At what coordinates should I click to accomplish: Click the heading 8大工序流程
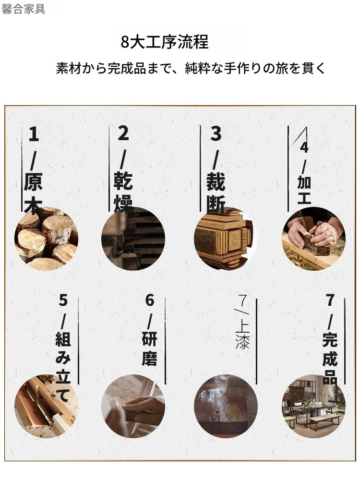165,42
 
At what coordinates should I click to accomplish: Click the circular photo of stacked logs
46,239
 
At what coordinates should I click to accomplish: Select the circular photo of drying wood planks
133,239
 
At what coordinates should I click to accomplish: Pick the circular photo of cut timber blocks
226,239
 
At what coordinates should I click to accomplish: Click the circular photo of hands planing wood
314,239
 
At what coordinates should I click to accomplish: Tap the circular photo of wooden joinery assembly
46,406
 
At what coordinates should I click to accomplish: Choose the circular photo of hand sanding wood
133,406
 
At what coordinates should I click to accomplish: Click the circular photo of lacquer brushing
226,406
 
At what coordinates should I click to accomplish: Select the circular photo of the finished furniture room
314,406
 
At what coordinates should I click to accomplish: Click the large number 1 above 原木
34,134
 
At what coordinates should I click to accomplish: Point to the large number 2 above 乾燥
123,133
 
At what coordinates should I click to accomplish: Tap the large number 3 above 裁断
216,133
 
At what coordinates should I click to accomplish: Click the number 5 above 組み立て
63,300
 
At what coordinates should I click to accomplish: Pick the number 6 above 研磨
150,300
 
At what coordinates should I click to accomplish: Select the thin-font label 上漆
242,336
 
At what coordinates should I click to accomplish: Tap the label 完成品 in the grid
330,358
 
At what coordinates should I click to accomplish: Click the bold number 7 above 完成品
330,300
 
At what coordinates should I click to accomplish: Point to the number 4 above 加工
304,147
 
